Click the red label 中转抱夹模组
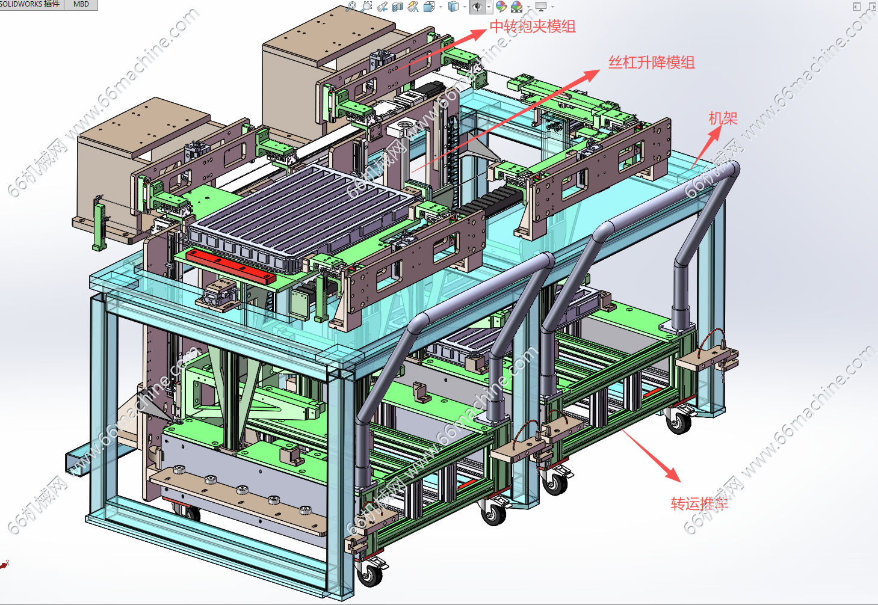533,26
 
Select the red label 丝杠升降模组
652,63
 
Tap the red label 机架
723,118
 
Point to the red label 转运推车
699,503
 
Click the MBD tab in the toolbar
81,4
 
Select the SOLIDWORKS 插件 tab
30,4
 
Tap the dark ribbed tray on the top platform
301,210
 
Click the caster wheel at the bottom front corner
369,574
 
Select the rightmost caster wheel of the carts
679,422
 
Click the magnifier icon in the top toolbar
351,7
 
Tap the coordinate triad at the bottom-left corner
5,564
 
